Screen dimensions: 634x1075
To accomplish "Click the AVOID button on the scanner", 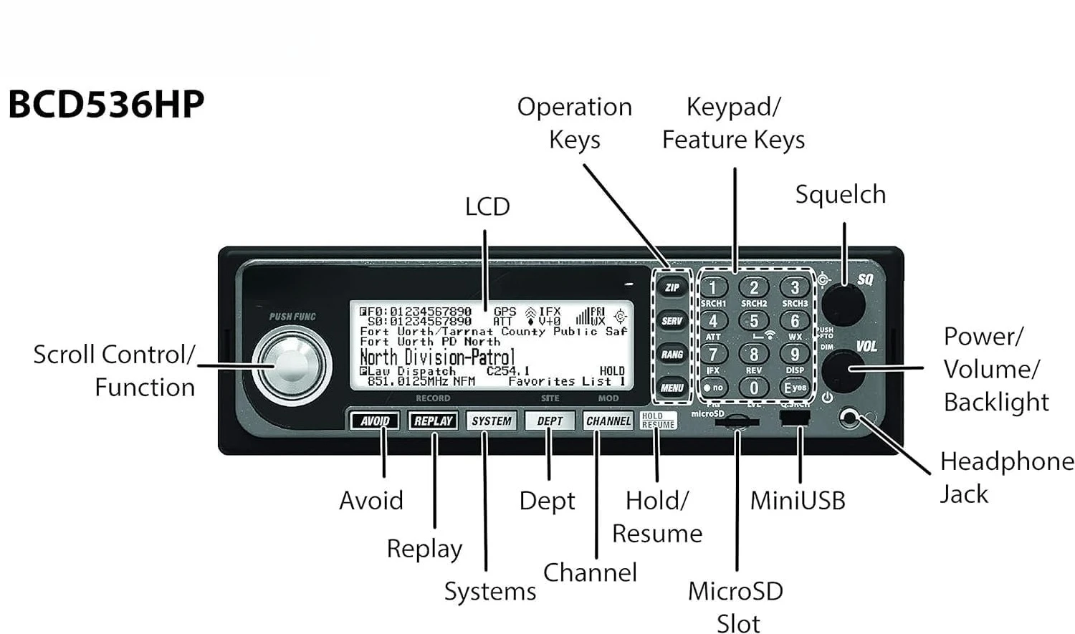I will [375, 421].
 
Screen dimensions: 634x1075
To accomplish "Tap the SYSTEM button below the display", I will [491, 421].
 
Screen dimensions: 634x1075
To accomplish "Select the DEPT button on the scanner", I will [550, 421].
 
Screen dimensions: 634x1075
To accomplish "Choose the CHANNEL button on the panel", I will [608, 421].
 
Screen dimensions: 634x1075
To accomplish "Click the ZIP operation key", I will [672, 287].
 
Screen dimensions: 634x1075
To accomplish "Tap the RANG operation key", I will [672, 354].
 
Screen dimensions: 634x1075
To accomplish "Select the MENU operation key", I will [672, 388].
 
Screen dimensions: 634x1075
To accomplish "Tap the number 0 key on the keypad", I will [753, 388].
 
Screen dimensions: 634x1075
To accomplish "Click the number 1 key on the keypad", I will [712, 287].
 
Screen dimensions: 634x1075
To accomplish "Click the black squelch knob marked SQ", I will [843, 304].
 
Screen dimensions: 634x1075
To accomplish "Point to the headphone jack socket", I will [850, 418].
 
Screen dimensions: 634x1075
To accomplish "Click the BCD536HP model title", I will [106, 105].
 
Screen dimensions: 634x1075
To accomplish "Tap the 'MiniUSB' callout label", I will [797, 501].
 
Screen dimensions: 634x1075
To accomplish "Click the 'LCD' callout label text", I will [487, 206].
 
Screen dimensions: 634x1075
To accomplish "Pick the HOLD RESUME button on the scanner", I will [658, 421].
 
